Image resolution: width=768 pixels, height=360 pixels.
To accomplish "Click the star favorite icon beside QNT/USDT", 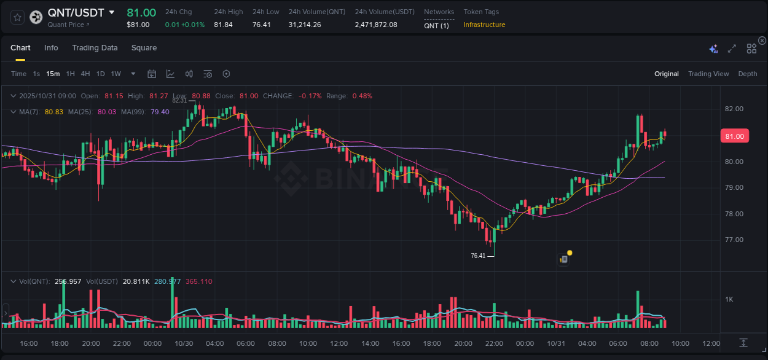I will tap(17, 17).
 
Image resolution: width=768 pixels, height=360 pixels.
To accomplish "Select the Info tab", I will tap(51, 48).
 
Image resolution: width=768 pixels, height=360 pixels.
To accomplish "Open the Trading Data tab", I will tap(95, 48).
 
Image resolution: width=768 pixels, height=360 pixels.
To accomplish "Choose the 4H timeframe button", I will tap(85, 74).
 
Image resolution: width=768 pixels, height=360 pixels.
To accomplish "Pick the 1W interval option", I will tap(116, 74).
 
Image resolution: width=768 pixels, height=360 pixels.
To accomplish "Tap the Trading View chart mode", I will tap(708, 74).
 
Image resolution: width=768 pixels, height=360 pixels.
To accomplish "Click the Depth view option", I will tap(747, 74).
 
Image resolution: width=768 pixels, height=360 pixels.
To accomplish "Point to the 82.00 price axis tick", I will tap(734, 109).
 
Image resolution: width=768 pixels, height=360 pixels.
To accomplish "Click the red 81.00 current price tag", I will tap(734, 136).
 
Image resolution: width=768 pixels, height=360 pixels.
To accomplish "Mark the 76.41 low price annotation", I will tap(478, 256).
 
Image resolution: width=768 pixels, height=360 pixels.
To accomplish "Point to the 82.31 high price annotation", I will tap(179, 100).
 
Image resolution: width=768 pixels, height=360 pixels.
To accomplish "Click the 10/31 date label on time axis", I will tap(555, 343).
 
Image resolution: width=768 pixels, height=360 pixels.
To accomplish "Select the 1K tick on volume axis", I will tap(729, 300).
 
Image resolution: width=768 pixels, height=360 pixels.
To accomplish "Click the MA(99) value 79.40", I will tap(160, 112).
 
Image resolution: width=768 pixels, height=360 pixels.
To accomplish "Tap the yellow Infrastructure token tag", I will tap(484, 25).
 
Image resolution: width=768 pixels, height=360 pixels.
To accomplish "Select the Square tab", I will tap(144, 48).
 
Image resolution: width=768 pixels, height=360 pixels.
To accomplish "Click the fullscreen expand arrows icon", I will tap(732, 49).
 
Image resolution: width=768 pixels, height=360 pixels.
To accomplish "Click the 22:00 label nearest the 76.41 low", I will tap(493, 343).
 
